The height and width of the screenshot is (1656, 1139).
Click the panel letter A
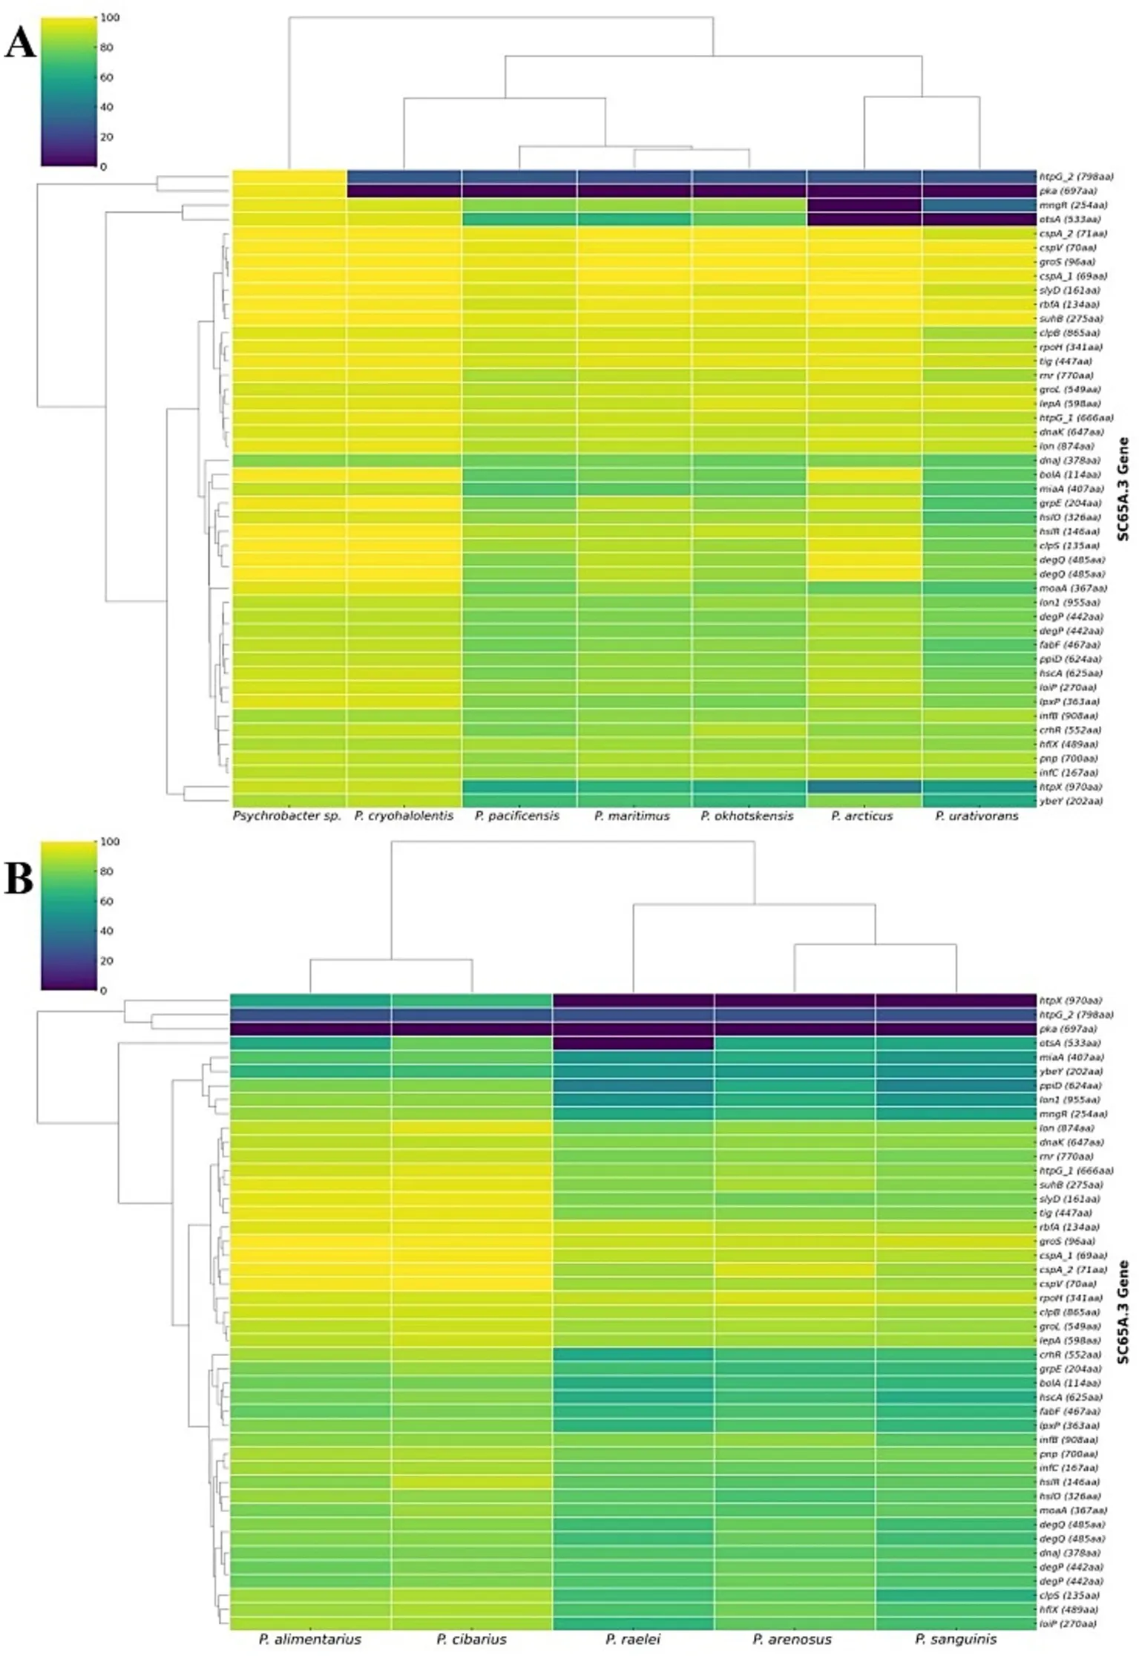coord(20,44)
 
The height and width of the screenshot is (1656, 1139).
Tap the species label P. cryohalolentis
coord(404,816)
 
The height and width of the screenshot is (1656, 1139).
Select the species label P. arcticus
coord(861,816)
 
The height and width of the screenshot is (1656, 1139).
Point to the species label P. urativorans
coord(976,816)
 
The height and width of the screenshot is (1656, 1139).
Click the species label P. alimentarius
coord(310,1639)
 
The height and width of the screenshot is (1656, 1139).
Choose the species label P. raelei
coord(632,1639)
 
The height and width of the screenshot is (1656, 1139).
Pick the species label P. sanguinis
coord(956,1639)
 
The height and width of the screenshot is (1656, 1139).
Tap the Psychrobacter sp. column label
coord(287,816)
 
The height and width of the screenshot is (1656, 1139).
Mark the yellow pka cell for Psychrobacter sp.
coord(289,191)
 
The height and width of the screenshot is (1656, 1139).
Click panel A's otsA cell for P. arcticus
coord(864,219)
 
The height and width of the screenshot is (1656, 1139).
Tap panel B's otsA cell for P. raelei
coord(633,1043)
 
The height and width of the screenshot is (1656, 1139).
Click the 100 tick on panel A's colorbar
coord(110,18)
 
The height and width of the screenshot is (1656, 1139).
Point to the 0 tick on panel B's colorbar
coord(103,990)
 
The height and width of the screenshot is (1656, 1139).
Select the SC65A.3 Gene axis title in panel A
coord(1123,488)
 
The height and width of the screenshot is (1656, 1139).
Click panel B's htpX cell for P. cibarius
coord(472,1001)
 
